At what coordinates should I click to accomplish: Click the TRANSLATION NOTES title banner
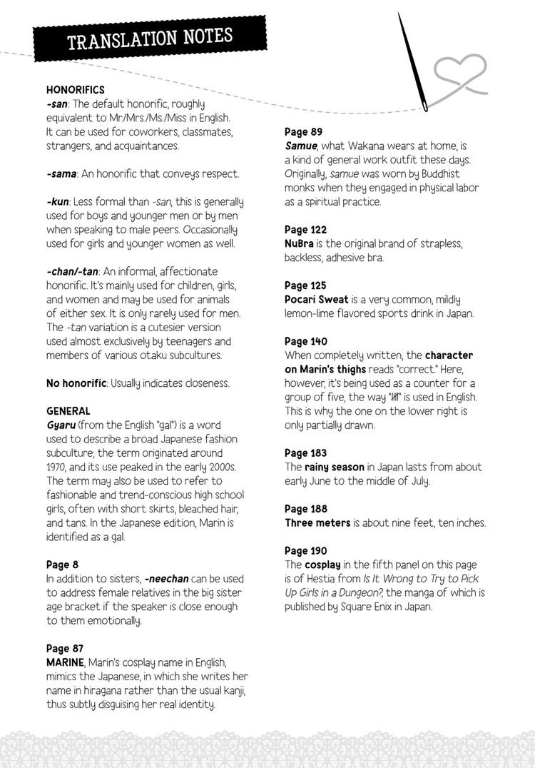click(x=149, y=38)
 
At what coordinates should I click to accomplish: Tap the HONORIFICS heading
click(x=76, y=90)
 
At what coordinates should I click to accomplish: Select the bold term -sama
click(x=62, y=174)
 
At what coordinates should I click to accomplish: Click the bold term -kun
click(x=58, y=202)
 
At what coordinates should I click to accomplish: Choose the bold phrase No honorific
click(x=75, y=383)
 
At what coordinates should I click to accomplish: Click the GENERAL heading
click(x=68, y=411)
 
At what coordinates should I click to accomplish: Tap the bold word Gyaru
click(x=61, y=425)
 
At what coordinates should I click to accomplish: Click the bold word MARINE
click(x=65, y=662)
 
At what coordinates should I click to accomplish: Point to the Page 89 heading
click(x=304, y=132)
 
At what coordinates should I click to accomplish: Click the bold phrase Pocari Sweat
click(x=317, y=300)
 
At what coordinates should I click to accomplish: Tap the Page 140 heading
click(x=306, y=341)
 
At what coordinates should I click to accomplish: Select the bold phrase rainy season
click(x=335, y=467)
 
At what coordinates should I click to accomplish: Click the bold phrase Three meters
click(x=317, y=522)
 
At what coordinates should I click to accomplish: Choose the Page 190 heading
click(x=306, y=551)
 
